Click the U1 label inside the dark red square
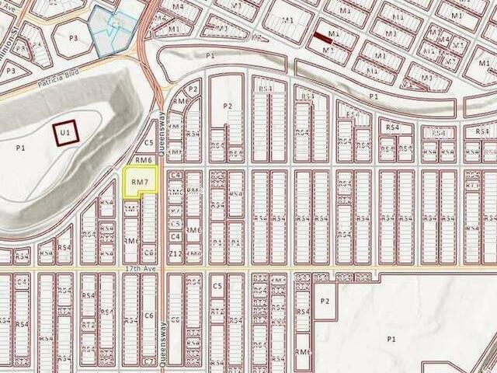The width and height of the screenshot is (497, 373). point(66,134)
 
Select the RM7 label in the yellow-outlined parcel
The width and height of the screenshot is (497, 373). point(140,182)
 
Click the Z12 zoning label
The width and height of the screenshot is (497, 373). point(176,254)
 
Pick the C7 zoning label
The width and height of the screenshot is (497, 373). point(148,361)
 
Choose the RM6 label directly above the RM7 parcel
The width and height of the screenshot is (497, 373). point(142,160)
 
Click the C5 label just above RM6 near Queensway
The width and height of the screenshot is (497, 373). point(148,143)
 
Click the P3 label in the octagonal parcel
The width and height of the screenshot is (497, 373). point(74,37)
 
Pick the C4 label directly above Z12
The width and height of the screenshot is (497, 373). point(176,235)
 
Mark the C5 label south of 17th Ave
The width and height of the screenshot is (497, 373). point(218,287)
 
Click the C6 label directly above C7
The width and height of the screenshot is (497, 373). point(148,315)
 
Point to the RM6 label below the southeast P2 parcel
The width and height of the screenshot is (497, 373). point(303,352)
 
